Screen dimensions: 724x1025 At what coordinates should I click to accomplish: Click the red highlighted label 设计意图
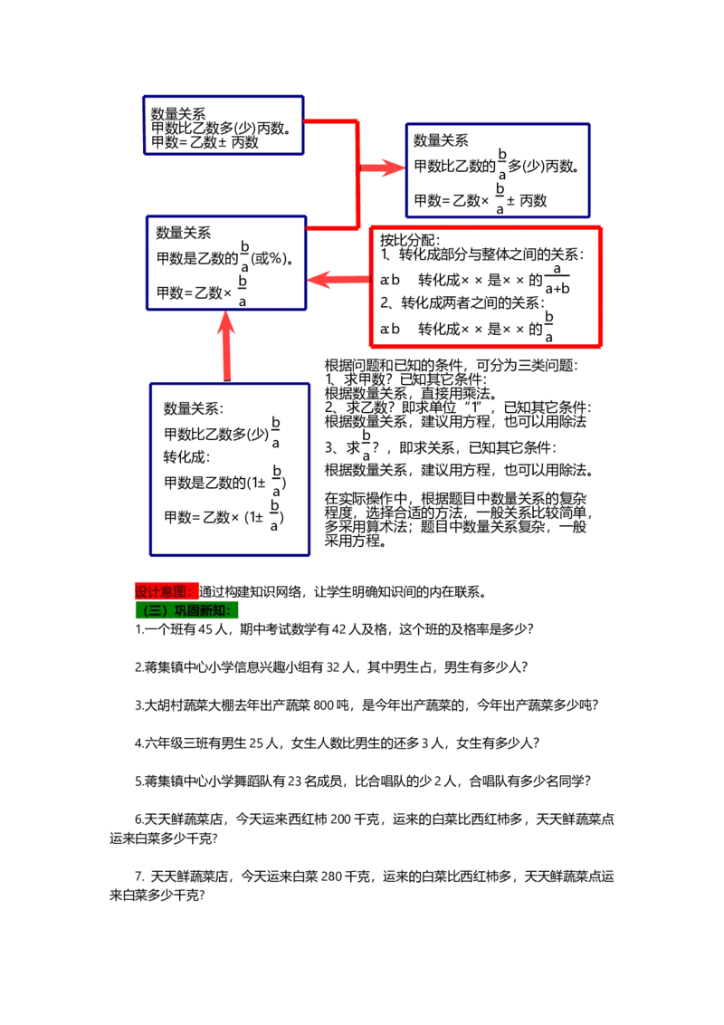point(164,591)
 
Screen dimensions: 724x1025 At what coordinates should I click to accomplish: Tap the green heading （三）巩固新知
point(186,610)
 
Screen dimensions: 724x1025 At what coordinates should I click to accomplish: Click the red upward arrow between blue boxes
point(227,345)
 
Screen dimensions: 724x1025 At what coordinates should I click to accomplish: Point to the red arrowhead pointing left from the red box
point(321,280)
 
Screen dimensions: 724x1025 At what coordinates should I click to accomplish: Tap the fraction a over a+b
point(557,279)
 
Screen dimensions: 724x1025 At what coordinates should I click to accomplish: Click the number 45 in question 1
point(205,629)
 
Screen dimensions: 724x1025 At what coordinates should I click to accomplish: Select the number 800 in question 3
point(323,704)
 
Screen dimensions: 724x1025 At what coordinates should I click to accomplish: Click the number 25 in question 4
point(257,742)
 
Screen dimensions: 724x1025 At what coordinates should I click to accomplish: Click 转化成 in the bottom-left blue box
point(186,456)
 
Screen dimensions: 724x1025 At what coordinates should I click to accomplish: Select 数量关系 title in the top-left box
point(177,114)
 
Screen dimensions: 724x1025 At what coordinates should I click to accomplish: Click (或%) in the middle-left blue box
point(269,258)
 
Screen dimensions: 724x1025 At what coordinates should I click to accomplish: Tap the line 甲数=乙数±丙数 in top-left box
point(205,142)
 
